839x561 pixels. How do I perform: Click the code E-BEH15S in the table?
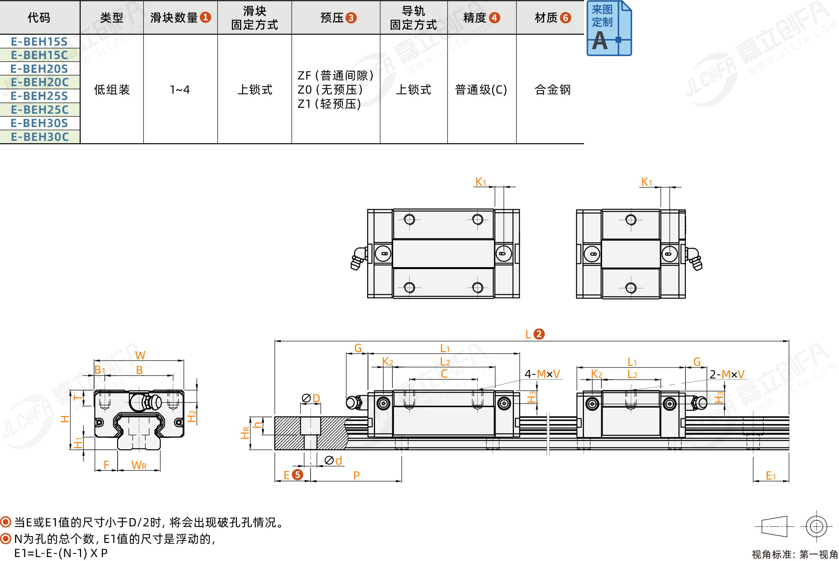[39, 41]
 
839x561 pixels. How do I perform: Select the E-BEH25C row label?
[40, 110]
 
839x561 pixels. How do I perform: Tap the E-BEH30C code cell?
[40, 137]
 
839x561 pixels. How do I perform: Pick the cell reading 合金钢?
[553, 90]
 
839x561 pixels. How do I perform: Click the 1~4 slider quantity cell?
[180, 90]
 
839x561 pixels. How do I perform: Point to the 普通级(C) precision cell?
[481, 90]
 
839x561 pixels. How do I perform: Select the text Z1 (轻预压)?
[329, 104]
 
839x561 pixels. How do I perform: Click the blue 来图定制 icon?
[609, 28]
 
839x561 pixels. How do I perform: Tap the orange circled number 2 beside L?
[539, 334]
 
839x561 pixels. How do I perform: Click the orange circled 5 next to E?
[298, 475]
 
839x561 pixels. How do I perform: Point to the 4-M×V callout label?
[542, 374]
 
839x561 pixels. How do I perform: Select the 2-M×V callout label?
[727, 374]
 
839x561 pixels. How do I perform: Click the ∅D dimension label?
[311, 399]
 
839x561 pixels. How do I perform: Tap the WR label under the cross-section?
[139, 465]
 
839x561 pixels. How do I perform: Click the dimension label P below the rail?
[357, 475]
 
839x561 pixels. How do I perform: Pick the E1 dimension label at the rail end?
[771, 476]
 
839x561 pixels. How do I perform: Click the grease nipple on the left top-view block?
[359, 258]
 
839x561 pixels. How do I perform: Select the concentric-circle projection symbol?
[817, 526]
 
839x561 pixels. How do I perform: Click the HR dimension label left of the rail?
[245, 433]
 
